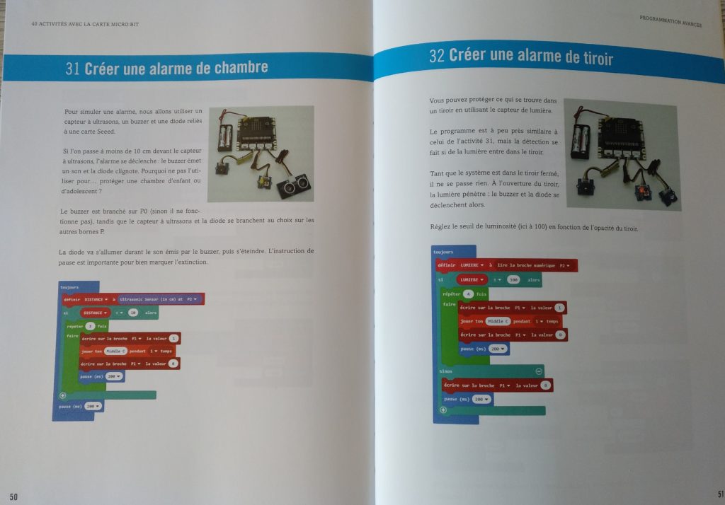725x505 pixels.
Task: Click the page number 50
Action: coord(13,497)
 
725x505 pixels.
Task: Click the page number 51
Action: coord(719,493)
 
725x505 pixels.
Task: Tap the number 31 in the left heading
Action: coord(72,69)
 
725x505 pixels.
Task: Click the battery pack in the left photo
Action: coord(225,136)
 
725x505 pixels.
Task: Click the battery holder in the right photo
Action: coord(581,139)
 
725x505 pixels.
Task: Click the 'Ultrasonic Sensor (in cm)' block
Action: coord(161,299)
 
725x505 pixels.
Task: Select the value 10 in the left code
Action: coord(132,313)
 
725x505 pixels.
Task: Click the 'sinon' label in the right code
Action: coord(446,371)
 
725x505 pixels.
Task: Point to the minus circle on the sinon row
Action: coord(539,371)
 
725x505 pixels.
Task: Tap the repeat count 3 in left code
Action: coord(90,326)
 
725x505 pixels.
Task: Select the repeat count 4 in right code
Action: coord(469,293)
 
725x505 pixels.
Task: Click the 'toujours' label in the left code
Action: coord(69,288)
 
